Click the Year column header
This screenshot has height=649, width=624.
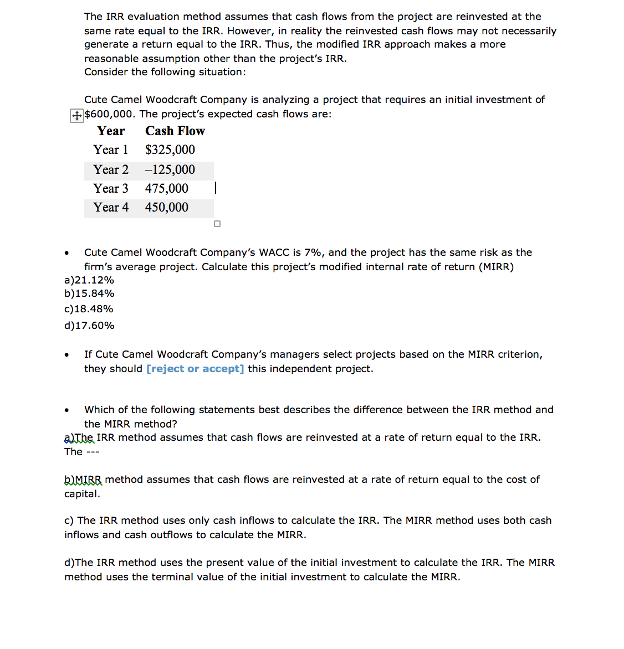pos(111,131)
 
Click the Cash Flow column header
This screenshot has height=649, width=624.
pos(175,131)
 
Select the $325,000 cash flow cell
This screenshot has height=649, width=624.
pos(170,150)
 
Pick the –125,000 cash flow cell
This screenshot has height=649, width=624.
pos(170,170)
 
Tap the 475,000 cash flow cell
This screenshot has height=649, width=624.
pos(167,189)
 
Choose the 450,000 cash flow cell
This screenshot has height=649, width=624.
pos(167,208)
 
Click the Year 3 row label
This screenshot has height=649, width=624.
pos(111,189)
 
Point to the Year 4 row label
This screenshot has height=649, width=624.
pos(111,208)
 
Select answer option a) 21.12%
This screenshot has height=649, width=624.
pos(89,280)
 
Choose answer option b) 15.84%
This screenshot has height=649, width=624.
pos(89,293)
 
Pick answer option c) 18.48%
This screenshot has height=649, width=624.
pos(89,309)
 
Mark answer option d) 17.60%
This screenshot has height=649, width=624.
pos(89,326)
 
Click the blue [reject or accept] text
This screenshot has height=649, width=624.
pos(195,369)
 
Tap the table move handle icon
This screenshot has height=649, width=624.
pos(76,116)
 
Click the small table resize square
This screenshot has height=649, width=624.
pos(217,224)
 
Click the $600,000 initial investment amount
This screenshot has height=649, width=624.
pos(109,114)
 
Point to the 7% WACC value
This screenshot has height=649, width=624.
pos(313,253)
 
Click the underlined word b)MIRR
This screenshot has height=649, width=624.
pos(83,480)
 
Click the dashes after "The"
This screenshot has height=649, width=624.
pos(93,452)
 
